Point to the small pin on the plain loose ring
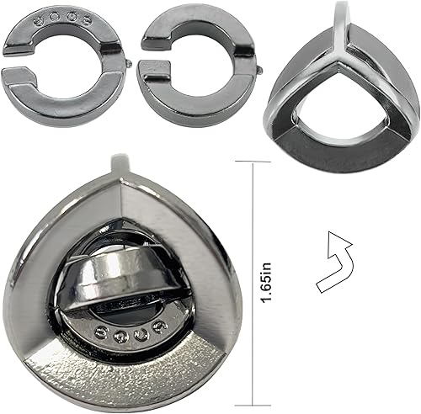[x=255, y=61]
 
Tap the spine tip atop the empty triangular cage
[x=341, y=10]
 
